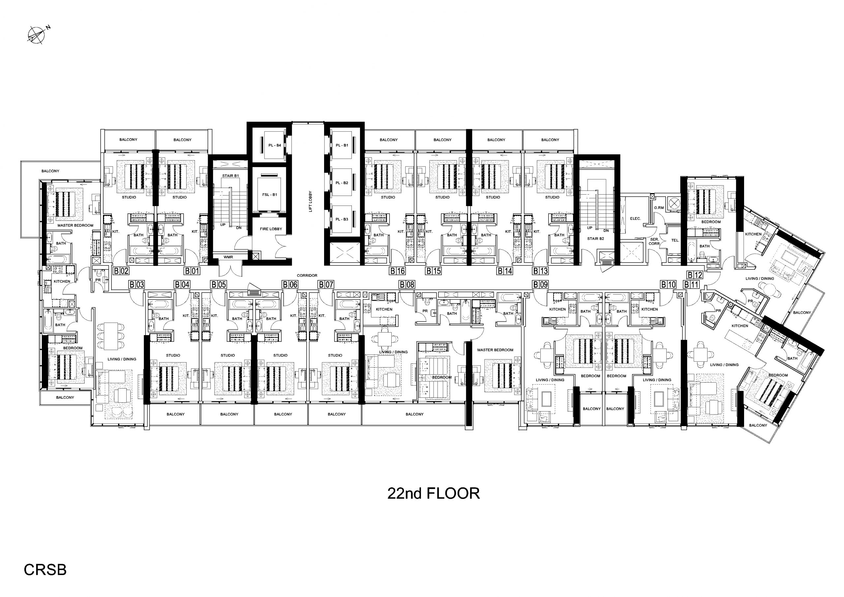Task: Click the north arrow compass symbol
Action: pos(37,35)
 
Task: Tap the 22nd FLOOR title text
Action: pos(434,493)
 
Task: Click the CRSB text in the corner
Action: pos(45,570)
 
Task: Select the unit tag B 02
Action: pos(121,271)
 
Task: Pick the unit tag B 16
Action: pos(397,271)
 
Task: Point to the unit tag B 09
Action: pos(541,284)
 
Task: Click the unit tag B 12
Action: pos(695,275)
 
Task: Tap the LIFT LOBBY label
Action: pos(311,201)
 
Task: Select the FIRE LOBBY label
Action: pos(271,229)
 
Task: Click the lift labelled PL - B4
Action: pos(275,145)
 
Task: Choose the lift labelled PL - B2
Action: pos(342,183)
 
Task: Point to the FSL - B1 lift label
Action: pos(270,195)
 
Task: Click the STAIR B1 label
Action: pos(230,176)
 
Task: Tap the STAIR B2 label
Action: pos(596,239)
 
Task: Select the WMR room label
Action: pos(228,257)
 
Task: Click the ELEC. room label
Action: pos(636,218)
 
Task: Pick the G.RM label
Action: pos(659,208)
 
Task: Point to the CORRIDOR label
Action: pos(307,275)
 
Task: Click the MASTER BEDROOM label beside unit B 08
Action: pos(495,350)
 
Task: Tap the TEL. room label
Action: pos(675,240)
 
